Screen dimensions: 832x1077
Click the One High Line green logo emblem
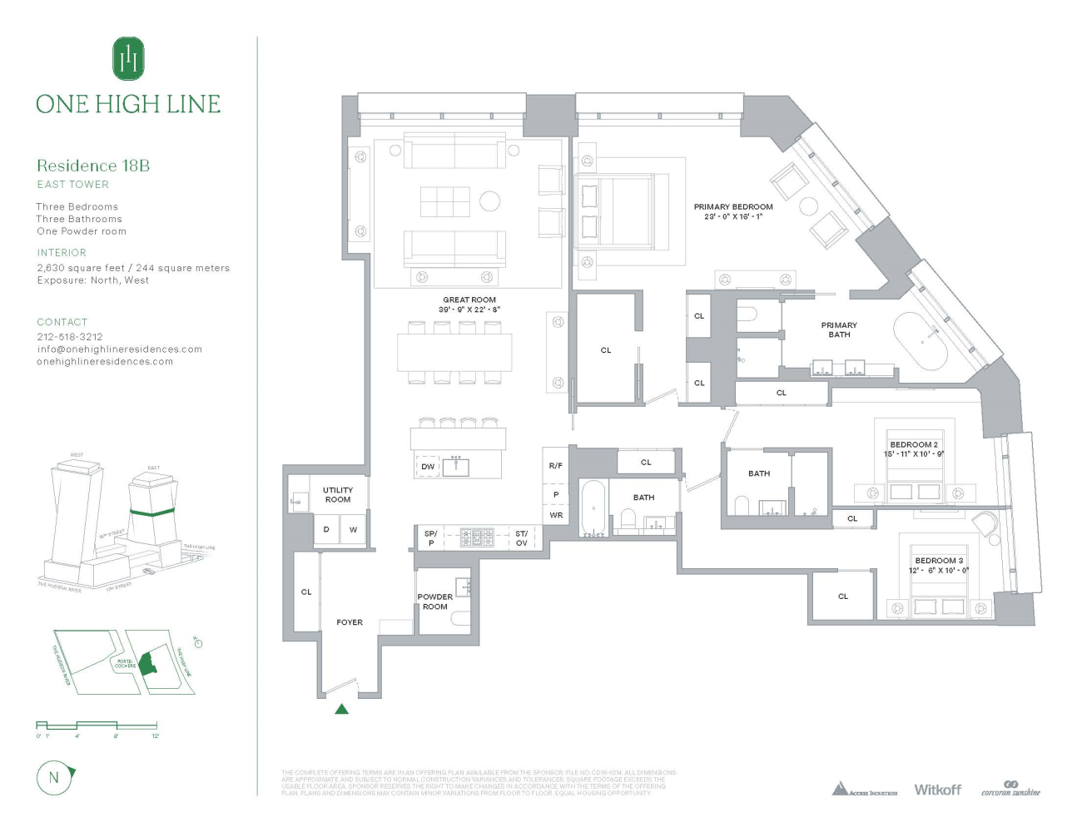coord(128,59)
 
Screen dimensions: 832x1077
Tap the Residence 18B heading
coord(93,166)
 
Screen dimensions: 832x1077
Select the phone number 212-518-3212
coord(70,337)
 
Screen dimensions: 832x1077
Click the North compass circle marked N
coord(54,778)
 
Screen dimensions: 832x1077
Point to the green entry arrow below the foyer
coord(341,709)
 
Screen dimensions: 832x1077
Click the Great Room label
coord(469,300)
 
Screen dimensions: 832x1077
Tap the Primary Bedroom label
coord(733,207)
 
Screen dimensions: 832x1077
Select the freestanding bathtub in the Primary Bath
coord(921,342)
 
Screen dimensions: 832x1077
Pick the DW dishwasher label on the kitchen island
coord(428,467)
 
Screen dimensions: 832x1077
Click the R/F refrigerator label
coord(556,466)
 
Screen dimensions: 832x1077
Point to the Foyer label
coord(350,622)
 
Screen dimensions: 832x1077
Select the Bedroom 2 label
coord(914,444)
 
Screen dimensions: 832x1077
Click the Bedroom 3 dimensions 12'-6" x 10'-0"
coord(939,570)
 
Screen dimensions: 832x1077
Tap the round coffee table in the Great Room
coord(489,201)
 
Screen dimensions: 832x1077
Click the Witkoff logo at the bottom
coord(937,790)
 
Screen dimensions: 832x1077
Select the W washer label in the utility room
coord(353,529)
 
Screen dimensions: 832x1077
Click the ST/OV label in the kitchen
coord(522,538)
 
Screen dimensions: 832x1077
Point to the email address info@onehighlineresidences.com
coord(120,349)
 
